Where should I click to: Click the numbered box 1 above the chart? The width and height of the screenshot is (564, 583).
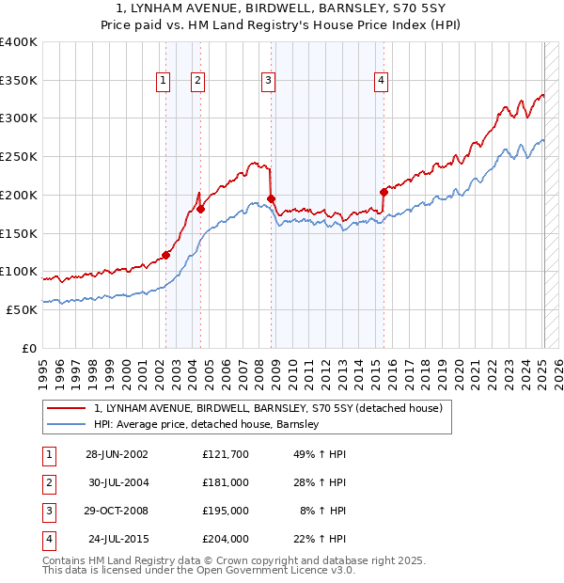point(164,82)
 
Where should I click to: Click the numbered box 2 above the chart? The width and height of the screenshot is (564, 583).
point(198,82)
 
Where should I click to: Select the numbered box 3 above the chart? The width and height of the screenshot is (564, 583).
point(269,82)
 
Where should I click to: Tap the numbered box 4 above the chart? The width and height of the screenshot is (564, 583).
point(381,82)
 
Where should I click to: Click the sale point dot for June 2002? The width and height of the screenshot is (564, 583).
point(166,255)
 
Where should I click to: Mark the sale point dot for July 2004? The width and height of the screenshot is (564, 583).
point(200,209)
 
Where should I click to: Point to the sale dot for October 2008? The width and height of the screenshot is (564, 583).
point(272,198)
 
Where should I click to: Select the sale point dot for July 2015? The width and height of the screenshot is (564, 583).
point(384,192)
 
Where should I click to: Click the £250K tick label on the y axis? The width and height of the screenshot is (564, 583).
point(19,157)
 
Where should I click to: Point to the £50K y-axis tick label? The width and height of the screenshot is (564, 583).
point(22,309)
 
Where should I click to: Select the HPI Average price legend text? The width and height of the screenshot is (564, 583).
point(207,425)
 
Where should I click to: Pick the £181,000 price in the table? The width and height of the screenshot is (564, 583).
point(225,482)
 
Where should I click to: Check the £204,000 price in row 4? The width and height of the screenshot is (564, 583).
point(225,539)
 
